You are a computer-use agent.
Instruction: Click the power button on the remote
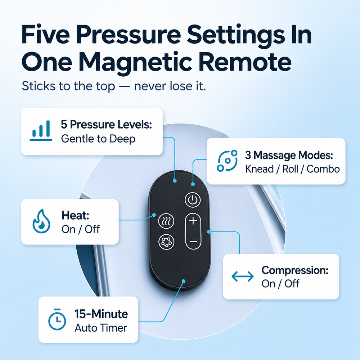pos(193,200)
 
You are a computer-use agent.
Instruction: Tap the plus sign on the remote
pos(193,221)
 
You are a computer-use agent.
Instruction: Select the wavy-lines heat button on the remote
pos(166,221)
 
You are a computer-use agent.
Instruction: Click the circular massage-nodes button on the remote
pos(166,242)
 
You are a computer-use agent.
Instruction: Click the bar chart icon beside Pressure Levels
pos(41,131)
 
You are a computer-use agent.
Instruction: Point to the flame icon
pos(41,221)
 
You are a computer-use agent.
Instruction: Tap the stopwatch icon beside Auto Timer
pos(57,319)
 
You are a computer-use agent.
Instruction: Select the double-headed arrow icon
pos(242,276)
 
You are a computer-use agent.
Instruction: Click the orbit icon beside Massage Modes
pos(227,161)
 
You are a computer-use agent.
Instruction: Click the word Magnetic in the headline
pos(135,62)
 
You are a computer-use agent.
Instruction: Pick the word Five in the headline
pos(45,35)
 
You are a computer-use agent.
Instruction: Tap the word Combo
pos(323,169)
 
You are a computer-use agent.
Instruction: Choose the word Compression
pos(295,270)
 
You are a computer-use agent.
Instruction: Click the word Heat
pos(75,215)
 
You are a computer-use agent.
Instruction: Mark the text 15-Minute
pos(101,314)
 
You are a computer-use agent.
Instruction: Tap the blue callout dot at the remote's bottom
pos(184,281)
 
